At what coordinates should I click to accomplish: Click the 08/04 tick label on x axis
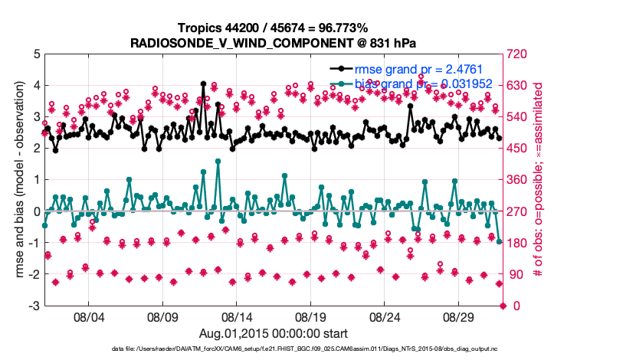88,316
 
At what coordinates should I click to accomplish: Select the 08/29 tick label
461,316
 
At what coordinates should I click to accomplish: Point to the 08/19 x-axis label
312,316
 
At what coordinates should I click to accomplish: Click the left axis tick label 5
36,54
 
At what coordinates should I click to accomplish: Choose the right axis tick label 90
513,275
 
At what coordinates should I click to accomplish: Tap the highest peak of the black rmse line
203,83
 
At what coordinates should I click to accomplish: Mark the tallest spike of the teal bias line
218,161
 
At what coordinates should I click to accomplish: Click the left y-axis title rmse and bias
17,180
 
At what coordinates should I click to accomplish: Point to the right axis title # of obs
538,180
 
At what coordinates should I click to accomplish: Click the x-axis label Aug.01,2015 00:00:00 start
274,333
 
